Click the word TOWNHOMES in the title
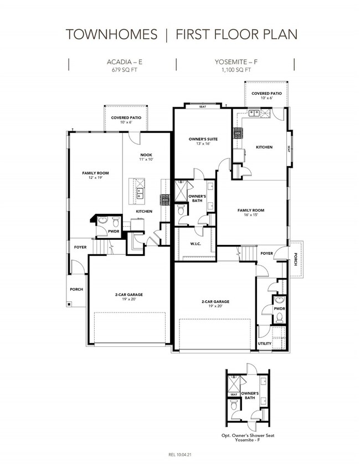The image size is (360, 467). pyautogui.click(x=111, y=34)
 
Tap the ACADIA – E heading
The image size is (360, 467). pyautogui.click(x=125, y=62)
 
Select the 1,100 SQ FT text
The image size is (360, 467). pyautogui.click(x=236, y=70)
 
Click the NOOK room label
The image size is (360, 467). pyautogui.click(x=146, y=155)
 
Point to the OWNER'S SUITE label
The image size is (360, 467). pyautogui.click(x=203, y=139)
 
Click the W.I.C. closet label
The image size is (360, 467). pyautogui.click(x=196, y=244)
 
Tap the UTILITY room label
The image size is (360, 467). pyautogui.click(x=264, y=343)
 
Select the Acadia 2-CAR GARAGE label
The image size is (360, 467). pyautogui.click(x=129, y=295)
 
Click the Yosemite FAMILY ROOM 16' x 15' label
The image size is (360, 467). pyautogui.click(x=251, y=212)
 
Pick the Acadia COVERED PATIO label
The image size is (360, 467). pyautogui.click(x=126, y=117)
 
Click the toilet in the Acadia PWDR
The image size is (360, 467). pyautogui.click(x=116, y=222)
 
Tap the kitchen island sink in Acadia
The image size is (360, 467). pyautogui.click(x=140, y=193)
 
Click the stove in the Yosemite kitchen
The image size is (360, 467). pyautogui.click(x=238, y=133)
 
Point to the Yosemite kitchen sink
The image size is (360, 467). pyautogui.click(x=254, y=113)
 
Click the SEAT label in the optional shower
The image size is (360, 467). pyautogui.click(x=234, y=394)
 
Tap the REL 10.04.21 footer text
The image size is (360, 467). pyautogui.click(x=180, y=455)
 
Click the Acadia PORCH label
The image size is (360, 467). pyautogui.click(x=76, y=289)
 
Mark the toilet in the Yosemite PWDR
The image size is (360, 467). pyautogui.click(x=279, y=318)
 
